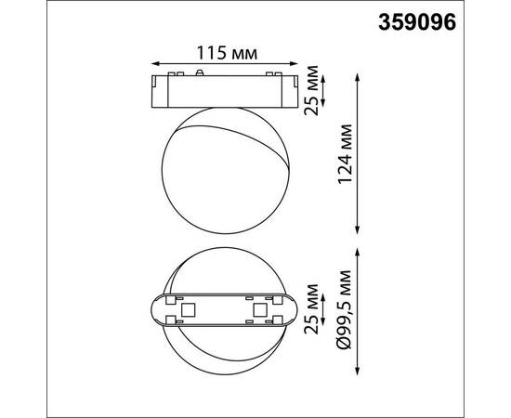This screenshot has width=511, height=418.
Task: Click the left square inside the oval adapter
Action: coord(187,307)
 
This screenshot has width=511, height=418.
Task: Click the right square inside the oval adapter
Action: coord(259,307)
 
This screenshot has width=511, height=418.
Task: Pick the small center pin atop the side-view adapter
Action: coord(203,72)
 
